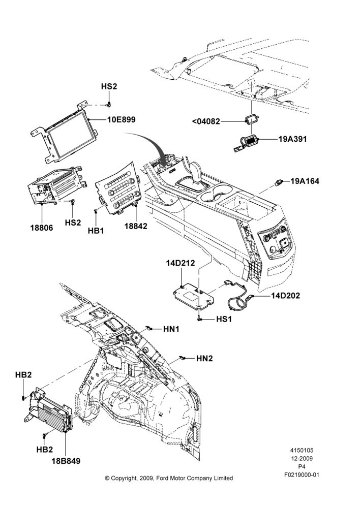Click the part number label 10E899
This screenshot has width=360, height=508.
click(122, 119)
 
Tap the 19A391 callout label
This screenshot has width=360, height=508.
click(292, 139)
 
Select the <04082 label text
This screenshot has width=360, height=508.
click(206, 121)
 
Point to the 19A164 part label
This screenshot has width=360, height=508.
click(305, 181)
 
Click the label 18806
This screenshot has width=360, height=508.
click(42, 228)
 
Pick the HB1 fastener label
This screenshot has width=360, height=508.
click(96, 231)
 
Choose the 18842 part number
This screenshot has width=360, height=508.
click(136, 226)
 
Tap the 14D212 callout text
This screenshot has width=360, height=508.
click(181, 263)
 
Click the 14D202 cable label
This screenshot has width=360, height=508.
click(285, 296)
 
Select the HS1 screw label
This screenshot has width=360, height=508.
click(224, 319)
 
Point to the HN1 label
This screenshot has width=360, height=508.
click(171, 329)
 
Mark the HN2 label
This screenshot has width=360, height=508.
click(204, 358)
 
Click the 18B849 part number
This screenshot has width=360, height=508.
click(66, 461)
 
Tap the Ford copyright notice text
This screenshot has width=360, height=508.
click(169, 478)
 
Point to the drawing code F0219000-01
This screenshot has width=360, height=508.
click(302, 475)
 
